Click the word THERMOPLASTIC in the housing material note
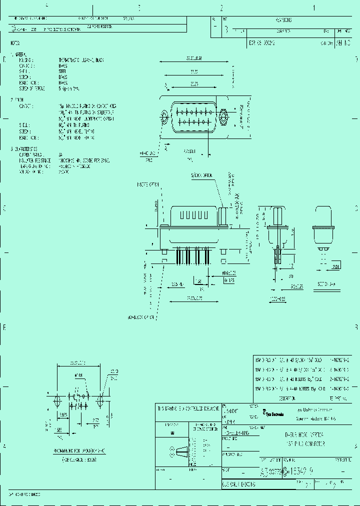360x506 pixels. click(69, 59)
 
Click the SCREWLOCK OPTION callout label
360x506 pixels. click(201, 175)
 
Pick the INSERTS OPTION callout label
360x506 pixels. click(148, 184)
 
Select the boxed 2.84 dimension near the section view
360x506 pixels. click(336, 268)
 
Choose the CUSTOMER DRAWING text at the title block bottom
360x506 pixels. click(239, 485)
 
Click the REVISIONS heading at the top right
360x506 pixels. click(283, 20)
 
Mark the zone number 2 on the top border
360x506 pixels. click(221, 7)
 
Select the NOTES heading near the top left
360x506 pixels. click(16, 43)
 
